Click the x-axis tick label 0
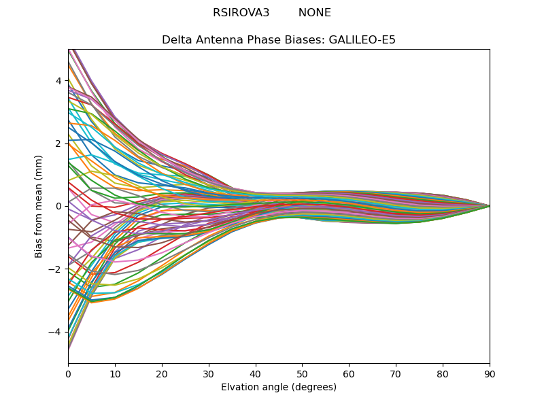(x=68, y=373)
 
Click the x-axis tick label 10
(x=115, y=373)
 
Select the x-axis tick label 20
(x=162, y=373)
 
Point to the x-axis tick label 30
(x=209, y=373)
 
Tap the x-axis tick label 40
(x=256, y=373)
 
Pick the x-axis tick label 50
(x=302, y=373)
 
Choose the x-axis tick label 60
(x=349, y=373)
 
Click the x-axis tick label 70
(x=396, y=373)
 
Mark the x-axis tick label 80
(x=443, y=373)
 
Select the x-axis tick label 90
(x=490, y=373)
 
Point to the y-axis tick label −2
(x=56, y=269)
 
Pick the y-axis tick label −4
(x=56, y=332)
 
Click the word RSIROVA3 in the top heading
(x=241, y=13)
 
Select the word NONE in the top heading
(x=315, y=13)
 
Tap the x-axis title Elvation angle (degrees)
(x=279, y=387)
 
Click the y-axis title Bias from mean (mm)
(x=39, y=205)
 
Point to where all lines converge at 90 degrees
(x=490, y=206)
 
